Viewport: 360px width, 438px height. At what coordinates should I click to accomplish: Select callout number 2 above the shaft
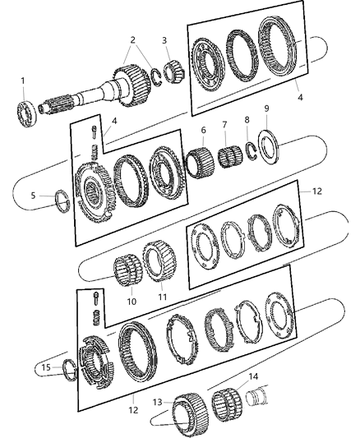click(133, 41)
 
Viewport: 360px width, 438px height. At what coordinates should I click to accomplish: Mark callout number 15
click(48, 367)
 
